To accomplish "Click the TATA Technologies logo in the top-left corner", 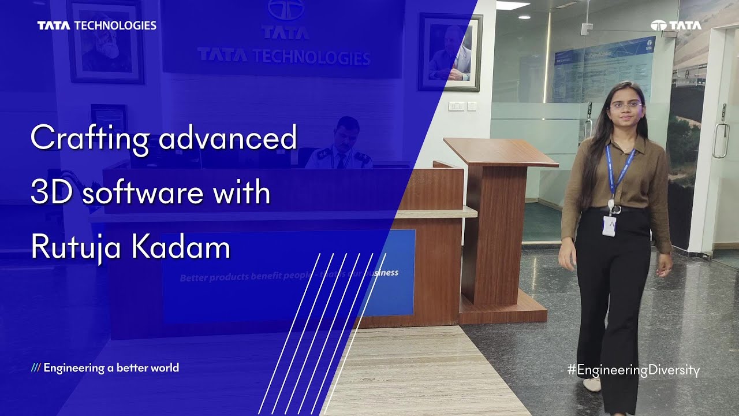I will coord(96,25).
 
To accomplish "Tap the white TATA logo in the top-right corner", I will coord(676,25).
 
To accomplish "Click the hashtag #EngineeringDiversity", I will coord(633,370).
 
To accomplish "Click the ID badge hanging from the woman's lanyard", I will coord(609,225).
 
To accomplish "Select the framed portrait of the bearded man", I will coord(105,42).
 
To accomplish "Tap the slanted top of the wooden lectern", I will coord(500,151).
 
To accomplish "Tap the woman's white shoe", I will coord(592,384).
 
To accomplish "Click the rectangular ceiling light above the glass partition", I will coord(513,5).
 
